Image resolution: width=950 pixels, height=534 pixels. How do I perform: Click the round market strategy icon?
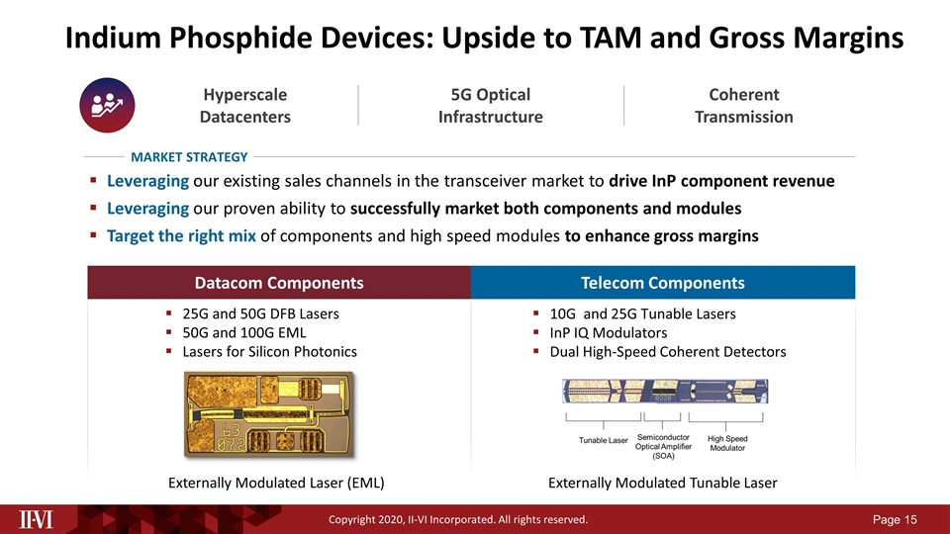point(106,106)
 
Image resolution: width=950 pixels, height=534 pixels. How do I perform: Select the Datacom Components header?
point(279,283)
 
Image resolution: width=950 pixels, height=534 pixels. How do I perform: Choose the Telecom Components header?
point(663,283)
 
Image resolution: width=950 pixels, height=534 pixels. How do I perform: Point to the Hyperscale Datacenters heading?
point(245,106)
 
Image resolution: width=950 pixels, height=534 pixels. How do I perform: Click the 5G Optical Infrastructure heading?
point(490,106)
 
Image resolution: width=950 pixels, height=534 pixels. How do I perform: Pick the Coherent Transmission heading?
point(743,106)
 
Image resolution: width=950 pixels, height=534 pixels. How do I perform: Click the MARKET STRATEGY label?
point(189,156)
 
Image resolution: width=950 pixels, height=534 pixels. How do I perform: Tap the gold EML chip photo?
point(261,415)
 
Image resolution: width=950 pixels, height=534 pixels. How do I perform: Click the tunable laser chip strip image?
point(662,393)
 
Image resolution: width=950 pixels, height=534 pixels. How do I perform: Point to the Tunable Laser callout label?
point(604,440)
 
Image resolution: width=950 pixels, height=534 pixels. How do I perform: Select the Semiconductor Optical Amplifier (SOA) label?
point(663,446)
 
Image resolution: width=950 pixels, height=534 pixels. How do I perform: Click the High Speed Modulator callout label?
point(727,443)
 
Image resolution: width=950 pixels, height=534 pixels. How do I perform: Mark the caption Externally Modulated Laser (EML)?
point(276,483)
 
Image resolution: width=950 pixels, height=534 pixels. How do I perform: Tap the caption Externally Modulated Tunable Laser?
point(662,483)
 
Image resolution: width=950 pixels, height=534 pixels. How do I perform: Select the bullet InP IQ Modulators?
point(608,332)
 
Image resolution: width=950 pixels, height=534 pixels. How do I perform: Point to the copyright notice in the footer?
point(458,519)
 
